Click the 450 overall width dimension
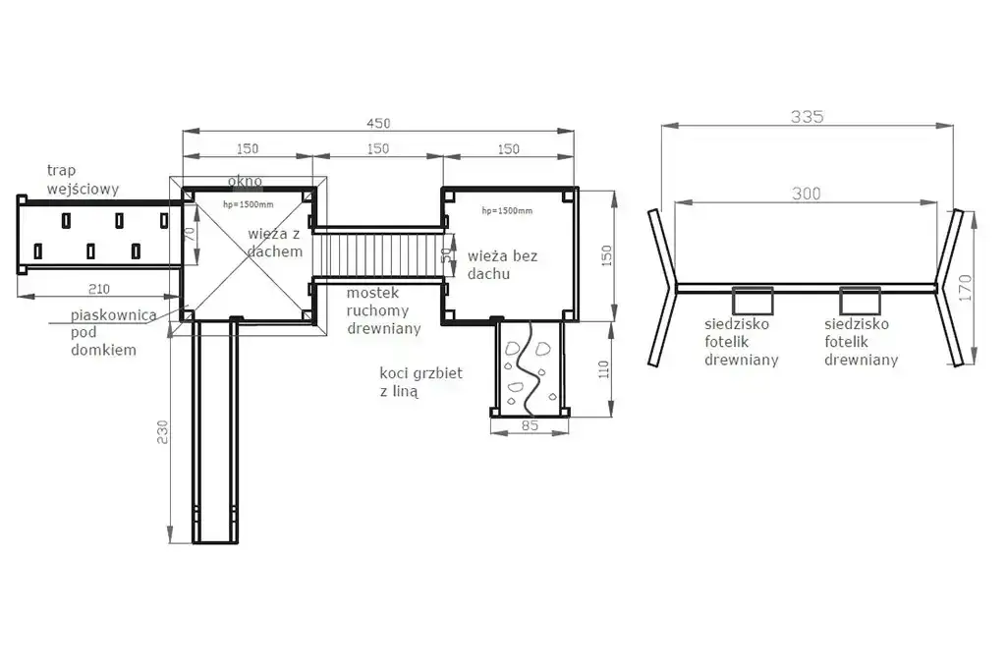coord(378,123)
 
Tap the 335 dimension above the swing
coord(807,117)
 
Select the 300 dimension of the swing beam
coord(806,194)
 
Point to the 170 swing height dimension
coord(965,288)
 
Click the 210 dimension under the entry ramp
coord(99,289)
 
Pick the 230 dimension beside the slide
coord(162,432)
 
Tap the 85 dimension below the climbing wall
coord(530,425)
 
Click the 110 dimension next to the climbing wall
coord(604,369)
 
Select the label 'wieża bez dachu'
coord(502,265)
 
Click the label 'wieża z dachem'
coord(275,243)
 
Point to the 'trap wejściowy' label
coord(83,180)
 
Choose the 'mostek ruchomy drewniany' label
coord(384,311)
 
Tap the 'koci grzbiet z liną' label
coord(420,382)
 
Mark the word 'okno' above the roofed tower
coord(245,182)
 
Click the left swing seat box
coord(753,301)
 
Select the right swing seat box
coord(860,301)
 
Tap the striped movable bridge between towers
coord(378,254)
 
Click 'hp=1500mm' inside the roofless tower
coord(507,210)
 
